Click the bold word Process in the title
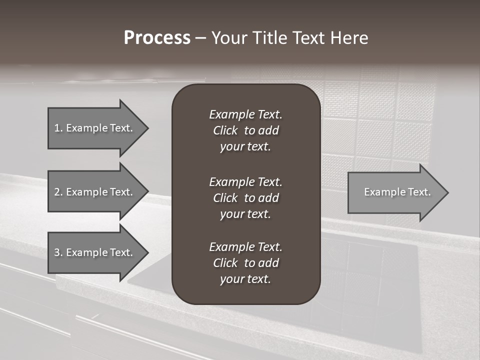point(157,38)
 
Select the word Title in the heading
point(270,38)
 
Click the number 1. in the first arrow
point(58,128)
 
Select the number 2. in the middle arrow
point(58,192)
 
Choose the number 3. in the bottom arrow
point(58,252)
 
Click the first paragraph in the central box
point(245,130)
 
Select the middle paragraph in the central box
point(245,197)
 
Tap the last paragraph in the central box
point(245,263)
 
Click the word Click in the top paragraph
point(225,130)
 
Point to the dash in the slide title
point(200,38)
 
